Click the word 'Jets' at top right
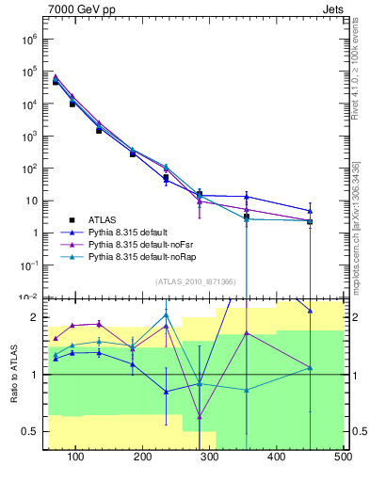coord(333,10)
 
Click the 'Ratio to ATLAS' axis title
coord(13,374)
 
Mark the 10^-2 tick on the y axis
coord(28,297)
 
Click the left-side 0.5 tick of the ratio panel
coord(30,431)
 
